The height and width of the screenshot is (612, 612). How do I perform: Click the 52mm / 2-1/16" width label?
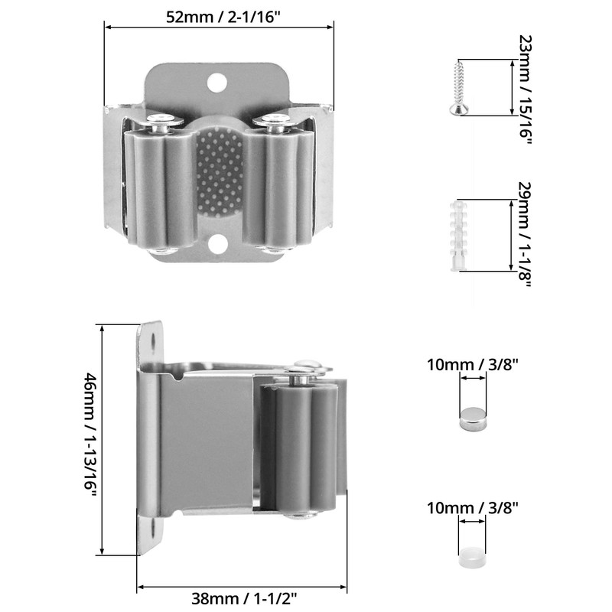point(223,17)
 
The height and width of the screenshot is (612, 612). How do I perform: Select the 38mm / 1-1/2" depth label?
point(244,597)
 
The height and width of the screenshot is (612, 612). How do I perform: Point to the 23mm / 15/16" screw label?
point(526,90)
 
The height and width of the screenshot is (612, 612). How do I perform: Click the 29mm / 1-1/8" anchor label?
point(526,234)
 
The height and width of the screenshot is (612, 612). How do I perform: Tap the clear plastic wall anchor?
point(458,236)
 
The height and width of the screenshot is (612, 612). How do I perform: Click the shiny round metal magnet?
point(473,418)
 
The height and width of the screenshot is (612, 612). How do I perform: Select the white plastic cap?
point(472,558)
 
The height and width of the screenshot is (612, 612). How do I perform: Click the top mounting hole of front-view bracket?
point(217,83)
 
